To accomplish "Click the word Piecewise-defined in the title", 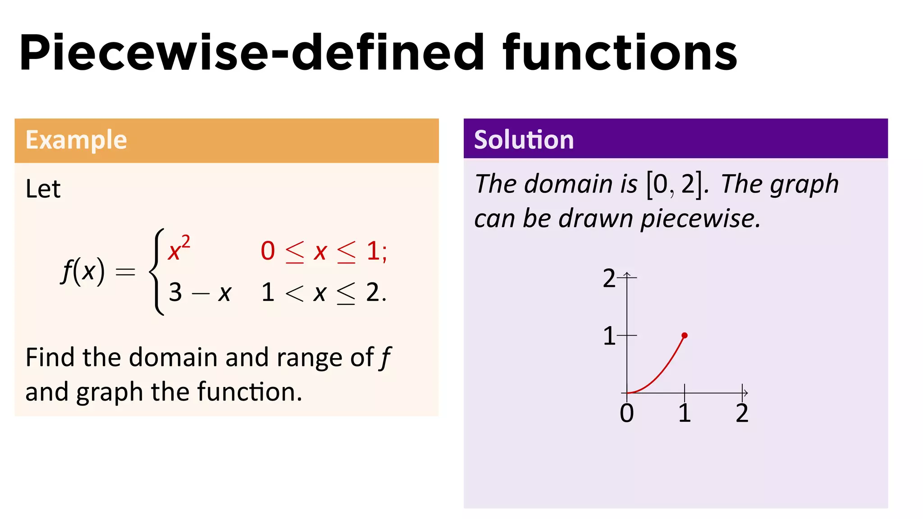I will coord(252,53).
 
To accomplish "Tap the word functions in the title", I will coord(620,53).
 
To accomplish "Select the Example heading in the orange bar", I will coord(76,140).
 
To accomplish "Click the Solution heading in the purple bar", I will coord(524,140).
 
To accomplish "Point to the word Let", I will coord(43,189).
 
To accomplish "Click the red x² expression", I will coord(179,249).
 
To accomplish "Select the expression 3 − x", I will coord(200,293).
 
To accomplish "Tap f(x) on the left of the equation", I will coord(83,271).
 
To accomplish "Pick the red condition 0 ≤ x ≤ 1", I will coord(323,251).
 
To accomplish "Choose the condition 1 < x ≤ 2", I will coord(323,293).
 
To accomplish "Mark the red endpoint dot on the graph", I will coord(685,335).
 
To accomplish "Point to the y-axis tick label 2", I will coord(609,278).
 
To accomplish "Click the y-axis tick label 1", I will coord(609,336).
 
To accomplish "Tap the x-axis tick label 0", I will coord(626,413).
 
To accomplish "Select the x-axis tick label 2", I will coord(742,413).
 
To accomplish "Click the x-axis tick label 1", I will coord(684,413).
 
